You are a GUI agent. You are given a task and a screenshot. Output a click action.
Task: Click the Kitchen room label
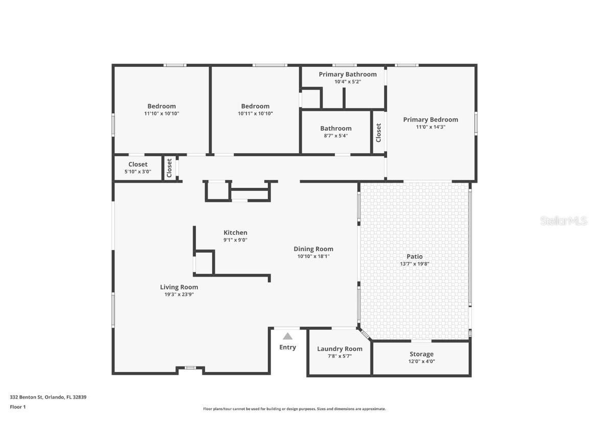click(x=235, y=233)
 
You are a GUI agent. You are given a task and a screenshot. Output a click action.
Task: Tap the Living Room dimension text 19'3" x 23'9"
click(x=178, y=295)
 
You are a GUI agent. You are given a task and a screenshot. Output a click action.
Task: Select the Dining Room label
click(x=313, y=249)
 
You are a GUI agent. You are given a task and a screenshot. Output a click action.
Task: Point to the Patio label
click(x=414, y=257)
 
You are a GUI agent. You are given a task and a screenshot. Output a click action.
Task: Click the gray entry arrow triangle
click(x=287, y=336)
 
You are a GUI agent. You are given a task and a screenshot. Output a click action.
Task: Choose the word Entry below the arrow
click(x=287, y=348)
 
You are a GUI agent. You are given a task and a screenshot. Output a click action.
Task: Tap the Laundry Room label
click(x=339, y=349)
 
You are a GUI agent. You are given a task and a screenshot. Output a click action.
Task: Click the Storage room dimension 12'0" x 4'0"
click(x=421, y=361)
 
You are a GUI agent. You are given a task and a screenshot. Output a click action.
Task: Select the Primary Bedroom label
click(x=430, y=120)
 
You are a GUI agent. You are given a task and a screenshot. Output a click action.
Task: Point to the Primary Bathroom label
click(x=348, y=75)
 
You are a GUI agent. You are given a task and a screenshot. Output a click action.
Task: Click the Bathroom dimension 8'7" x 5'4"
click(x=336, y=136)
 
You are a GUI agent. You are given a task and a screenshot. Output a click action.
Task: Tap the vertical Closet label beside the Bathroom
click(x=378, y=133)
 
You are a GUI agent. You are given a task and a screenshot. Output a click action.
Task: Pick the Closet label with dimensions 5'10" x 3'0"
click(x=138, y=164)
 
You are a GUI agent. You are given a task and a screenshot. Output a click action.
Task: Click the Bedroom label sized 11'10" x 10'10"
click(x=162, y=107)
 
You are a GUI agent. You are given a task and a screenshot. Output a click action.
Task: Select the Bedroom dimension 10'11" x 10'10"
click(x=255, y=114)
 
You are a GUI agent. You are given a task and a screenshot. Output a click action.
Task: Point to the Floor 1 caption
click(x=17, y=407)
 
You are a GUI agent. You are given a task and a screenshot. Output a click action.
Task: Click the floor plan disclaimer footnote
click(x=294, y=409)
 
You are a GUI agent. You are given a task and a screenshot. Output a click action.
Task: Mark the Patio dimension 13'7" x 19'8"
click(x=414, y=264)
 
